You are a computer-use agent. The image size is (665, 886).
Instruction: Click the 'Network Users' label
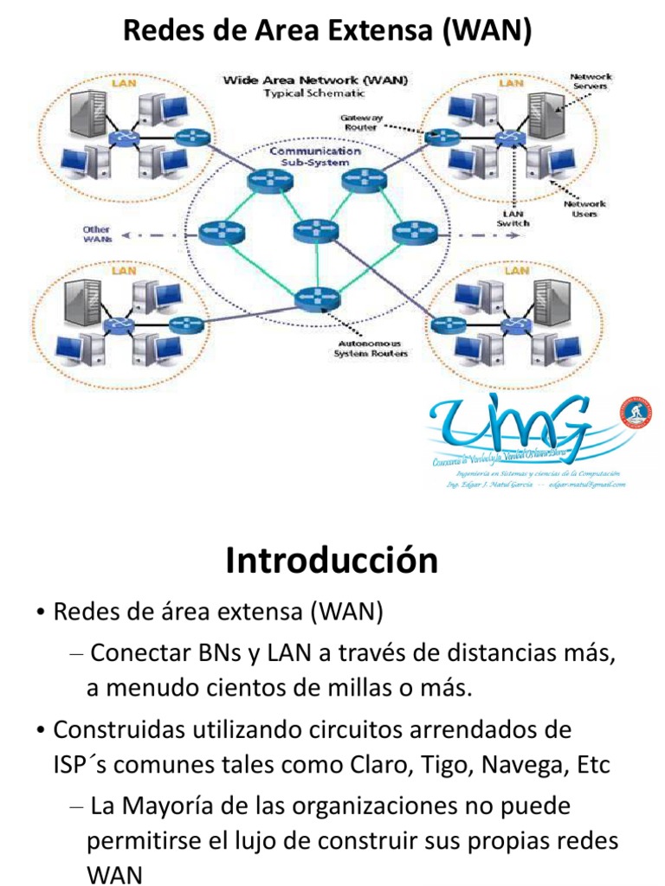pos(585,209)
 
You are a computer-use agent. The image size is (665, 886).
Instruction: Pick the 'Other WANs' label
pos(96,234)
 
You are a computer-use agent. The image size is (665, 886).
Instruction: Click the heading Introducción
pos(332,561)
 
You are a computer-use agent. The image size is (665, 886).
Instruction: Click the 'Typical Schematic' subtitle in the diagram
pos(315,93)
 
